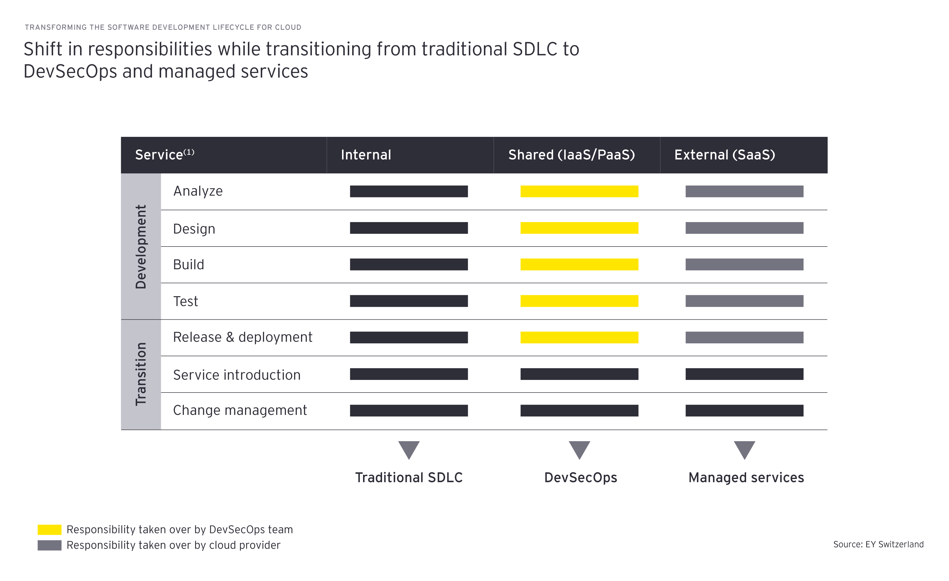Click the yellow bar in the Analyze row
[579, 191]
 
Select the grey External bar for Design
[744, 228]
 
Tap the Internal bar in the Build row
[409, 265]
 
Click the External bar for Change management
[744, 411]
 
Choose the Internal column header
[366, 155]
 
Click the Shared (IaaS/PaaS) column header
[572, 155]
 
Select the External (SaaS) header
[724, 155]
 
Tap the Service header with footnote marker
[164, 155]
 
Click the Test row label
[186, 301]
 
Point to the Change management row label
[240, 411]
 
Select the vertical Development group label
[141, 247]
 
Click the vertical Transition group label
[141, 374]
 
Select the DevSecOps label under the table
[581, 477]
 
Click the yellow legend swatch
[49, 530]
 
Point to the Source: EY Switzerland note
[878, 544]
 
